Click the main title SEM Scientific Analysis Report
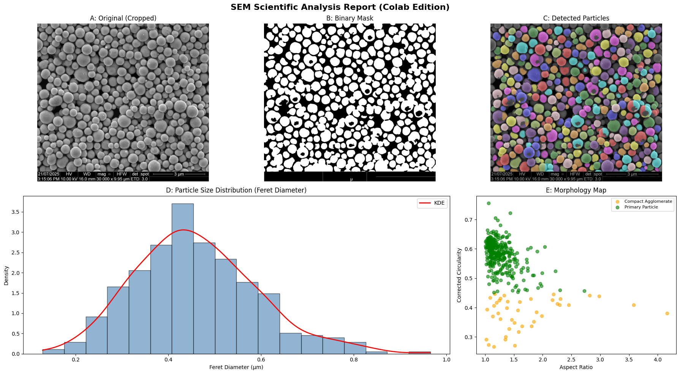tap(340, 7)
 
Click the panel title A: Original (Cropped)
tap(123, 18)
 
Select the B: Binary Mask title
tap(349, 18)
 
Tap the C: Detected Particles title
tap(576, 18)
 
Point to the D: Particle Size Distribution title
tap(236, 190)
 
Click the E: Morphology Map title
tap(576, 190)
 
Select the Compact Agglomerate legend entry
tap(648, 202)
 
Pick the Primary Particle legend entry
tap(641, 207)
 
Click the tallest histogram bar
tap(182, 279)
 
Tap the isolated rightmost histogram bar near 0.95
tap(419, 353)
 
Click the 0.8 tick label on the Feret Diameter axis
tap(354, 360)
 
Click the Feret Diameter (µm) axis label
tap(236, 367)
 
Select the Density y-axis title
tap(6, 275)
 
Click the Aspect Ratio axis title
tap(576, 367)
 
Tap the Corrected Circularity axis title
tap(459, 275)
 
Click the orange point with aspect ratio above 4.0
tap(667, 313)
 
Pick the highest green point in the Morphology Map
tap(489, 203)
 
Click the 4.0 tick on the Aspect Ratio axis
tap(658, 360)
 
